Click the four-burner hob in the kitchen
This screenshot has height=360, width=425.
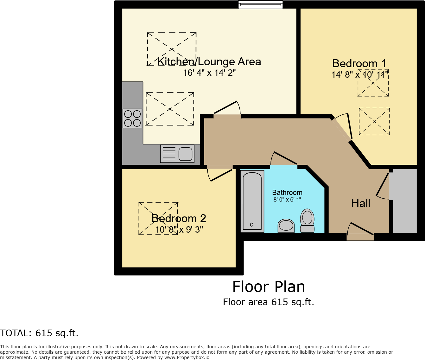coord(132,118)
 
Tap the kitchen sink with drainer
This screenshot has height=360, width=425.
coord(177,154)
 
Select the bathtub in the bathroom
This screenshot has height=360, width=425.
coord(252,201)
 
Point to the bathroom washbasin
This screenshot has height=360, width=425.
coord(286,226)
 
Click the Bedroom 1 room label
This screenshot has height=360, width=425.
coord(359,63)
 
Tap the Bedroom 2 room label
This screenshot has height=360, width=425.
coord(179,218)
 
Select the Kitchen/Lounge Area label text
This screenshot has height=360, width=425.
coord(209,61)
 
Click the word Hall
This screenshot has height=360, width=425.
coord(361,203)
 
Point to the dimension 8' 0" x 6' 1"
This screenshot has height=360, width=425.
coord(287,200)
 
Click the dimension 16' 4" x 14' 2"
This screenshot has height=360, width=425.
coord(209,73)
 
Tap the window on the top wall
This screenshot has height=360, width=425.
coord(260,4)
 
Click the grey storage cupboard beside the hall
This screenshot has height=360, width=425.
coord(404,201)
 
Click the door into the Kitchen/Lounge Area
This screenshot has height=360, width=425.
coord(227,110)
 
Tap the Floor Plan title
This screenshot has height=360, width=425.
coord(269,287)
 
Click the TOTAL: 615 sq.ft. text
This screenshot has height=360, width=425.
coord(39,333)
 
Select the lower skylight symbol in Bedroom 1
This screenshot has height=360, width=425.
coord(374,121)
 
